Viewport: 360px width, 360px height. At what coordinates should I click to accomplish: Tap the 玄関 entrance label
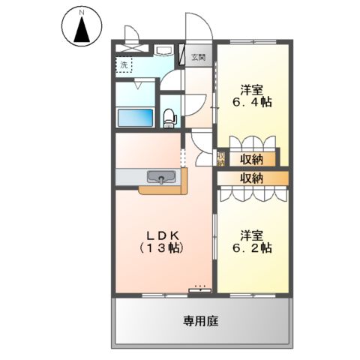coord(197,56)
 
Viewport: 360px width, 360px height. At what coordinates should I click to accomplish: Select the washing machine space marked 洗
coord(124,64)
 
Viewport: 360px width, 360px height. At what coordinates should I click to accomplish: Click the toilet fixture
coord(169,115)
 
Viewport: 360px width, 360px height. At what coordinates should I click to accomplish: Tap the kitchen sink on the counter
coord(161,177)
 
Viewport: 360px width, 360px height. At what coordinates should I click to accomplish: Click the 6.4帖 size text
coord(251,102)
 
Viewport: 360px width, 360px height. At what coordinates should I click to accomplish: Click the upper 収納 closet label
coord(251,158)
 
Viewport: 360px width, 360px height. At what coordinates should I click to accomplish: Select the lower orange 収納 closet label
coord(251,178)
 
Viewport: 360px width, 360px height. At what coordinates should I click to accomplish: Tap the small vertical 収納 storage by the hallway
coord(220,158)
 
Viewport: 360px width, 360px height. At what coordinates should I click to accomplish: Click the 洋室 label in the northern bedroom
coord(251,88)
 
